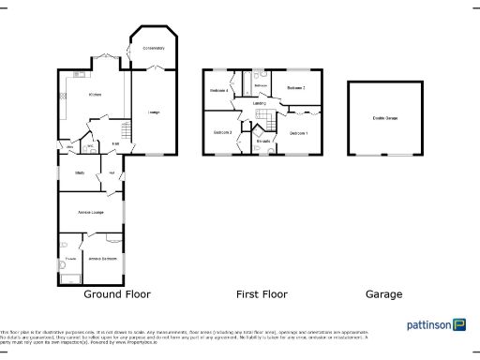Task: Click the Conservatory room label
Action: click(x=153, y=47)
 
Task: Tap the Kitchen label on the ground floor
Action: click(x=95, y=95)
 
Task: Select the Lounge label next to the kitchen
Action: click(x=153, y=113)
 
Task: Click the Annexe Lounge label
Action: click(x=91, y=214)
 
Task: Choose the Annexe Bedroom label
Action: click(x=102, y=258)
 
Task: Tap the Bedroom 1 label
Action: click(x=299, y=134)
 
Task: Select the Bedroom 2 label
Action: click(x=297, y=87)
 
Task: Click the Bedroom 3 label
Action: click(x=223, y=132)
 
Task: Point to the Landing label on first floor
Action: click(x=259, y=103)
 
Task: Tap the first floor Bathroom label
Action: click(x=262, y=85)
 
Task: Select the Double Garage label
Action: click(x=383, y=118)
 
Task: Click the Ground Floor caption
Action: click(x=118, y=293)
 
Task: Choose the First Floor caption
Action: click(x=262, y=293)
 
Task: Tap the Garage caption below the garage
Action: click(x=383, y=293)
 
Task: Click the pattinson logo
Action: click(x=436, y=324)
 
